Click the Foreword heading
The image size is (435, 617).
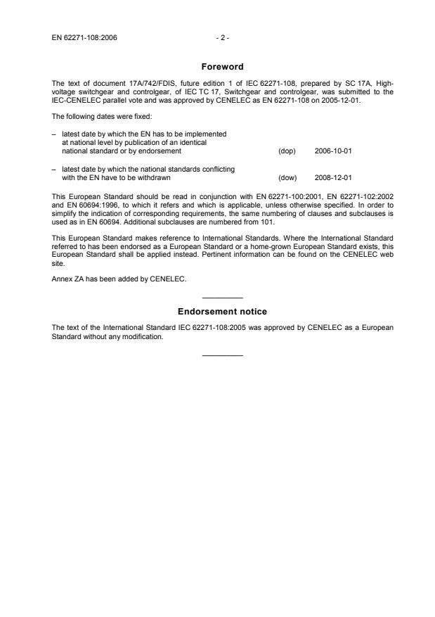(x=222, y=67)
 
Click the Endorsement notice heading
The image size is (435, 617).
(x=222, y=311)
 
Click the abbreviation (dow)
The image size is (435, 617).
(x=287, y=178)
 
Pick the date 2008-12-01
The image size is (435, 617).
(x=333, y=178)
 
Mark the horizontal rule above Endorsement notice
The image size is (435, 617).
(x=222, y=298)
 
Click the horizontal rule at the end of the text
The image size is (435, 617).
(x=222, y=354)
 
